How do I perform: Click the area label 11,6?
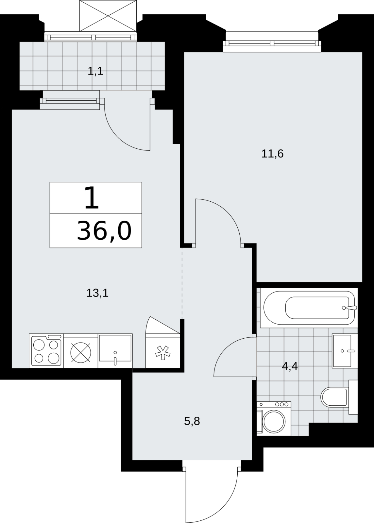tap(272, 154)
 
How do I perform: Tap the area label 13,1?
tap(97, 293)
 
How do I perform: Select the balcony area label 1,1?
tap(95, 71)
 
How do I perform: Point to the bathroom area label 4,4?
tap(290, 366)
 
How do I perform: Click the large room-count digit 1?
tap(92, 197)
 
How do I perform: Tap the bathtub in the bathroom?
tap(309, 308)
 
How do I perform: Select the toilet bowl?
tap(334, 397)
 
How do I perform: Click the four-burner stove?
tap(46, 351)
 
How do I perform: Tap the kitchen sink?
tap(115, 351)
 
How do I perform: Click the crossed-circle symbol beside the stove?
tap(81, 353)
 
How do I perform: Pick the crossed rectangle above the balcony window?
tap(108, 16)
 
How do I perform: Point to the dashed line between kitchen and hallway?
tap(182, 283)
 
